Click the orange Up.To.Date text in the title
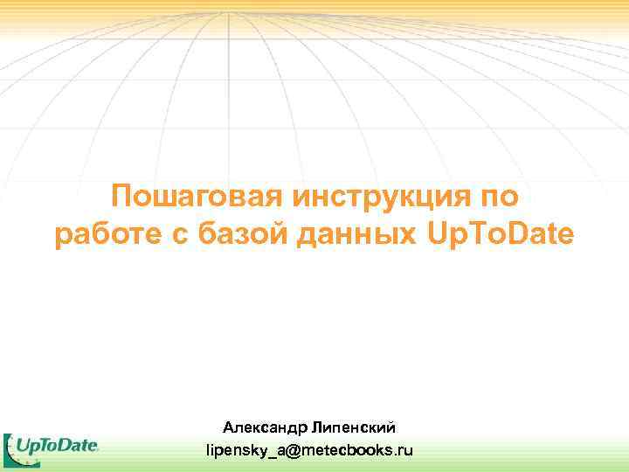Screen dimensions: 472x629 pos(501,235)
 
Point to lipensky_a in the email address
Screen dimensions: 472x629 pos(246,451)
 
